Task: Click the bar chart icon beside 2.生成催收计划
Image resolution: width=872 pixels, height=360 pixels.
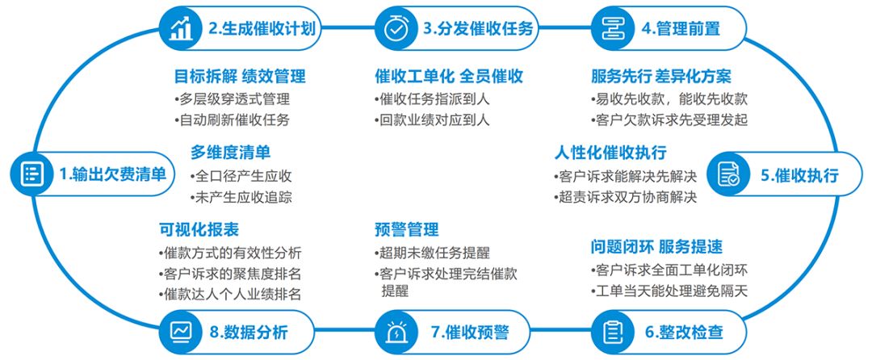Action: coord(181,28)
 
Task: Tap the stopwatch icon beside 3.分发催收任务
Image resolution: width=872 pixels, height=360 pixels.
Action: coord(396,28)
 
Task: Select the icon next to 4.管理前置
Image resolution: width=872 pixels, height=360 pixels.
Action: coord(614,28)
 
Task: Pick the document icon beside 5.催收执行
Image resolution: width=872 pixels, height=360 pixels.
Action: coord(729,174)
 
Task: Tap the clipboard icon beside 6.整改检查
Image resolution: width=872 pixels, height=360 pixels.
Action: coord(614,332)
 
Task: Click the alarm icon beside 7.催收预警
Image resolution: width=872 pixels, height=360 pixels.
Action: coord(396,332)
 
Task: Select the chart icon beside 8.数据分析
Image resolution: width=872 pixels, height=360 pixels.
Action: coord(181,332)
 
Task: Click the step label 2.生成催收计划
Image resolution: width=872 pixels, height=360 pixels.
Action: coord(262,29)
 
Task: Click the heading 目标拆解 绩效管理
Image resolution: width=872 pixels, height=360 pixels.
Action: coord(240,77)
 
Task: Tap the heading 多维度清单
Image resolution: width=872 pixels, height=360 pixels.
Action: coord(230,153)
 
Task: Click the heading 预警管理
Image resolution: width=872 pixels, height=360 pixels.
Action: coord(407,229)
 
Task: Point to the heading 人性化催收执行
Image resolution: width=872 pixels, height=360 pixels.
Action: coord(610,153)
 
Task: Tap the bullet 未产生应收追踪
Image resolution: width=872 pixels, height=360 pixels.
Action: coord(240,196)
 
